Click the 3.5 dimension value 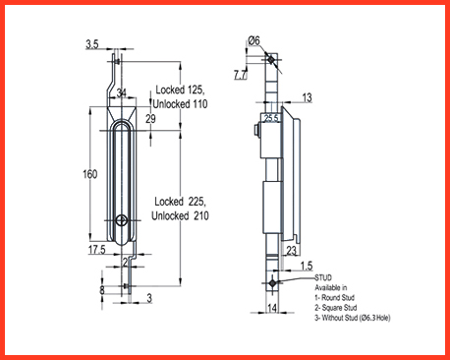point(92,44)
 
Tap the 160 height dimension point(90,174)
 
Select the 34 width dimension point(122,92)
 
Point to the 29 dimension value point(150,119)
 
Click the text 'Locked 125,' point(180,90)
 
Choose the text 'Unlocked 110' point(180,104)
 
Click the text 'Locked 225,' point(180,202)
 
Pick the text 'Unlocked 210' point(180,215)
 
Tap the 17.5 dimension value point(96,250)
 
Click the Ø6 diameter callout point(253,40)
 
